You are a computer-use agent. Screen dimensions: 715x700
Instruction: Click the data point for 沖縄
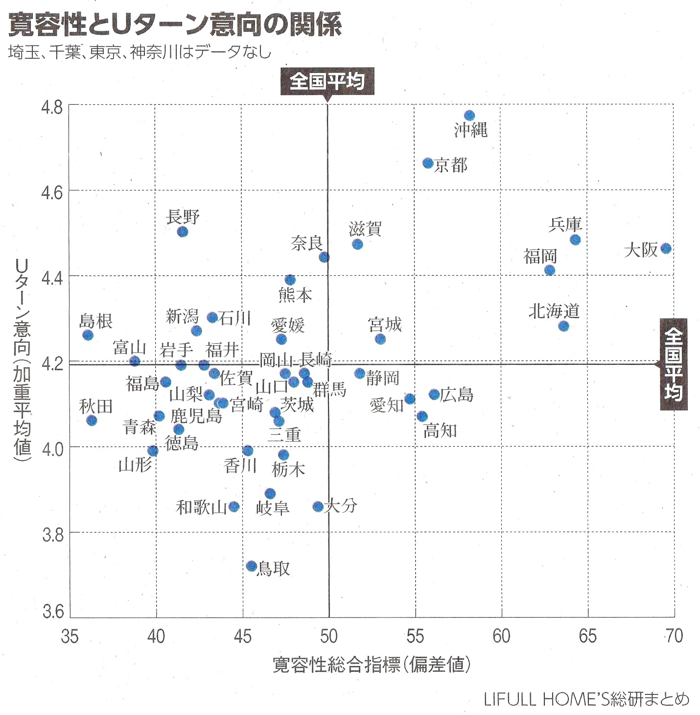click(469, 116)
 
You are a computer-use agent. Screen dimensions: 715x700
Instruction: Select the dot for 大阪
click(666, 248)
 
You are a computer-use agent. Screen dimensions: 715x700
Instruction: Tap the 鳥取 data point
click(252, 566)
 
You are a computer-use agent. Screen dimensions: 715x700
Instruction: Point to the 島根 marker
click(88, 335)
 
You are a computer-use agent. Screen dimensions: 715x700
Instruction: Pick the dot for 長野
click(183, 232)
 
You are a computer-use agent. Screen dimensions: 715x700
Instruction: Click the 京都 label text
click(451, 165)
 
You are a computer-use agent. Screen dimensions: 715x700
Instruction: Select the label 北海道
click(554, 310)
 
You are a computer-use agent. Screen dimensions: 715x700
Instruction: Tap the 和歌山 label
click(201, 507)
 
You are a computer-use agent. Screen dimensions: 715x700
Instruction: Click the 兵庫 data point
click(575, 239)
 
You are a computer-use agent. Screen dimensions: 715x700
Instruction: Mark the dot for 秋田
click(92, 420)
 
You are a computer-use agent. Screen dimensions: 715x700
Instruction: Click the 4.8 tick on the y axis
click(52, 107)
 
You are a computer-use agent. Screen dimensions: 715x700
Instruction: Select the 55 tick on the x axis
click(415, 636)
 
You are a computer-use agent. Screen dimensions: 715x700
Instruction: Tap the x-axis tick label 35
click(70, 636)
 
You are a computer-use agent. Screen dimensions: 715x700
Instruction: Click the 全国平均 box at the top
click(327, 81)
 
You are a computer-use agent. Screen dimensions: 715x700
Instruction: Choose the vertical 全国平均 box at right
click(674, 364)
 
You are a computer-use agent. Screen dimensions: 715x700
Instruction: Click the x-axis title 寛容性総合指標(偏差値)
click(372, 665)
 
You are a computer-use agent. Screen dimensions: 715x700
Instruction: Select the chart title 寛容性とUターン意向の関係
click(175, 24)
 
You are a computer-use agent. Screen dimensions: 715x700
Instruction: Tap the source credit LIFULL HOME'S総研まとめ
click(586, 699)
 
